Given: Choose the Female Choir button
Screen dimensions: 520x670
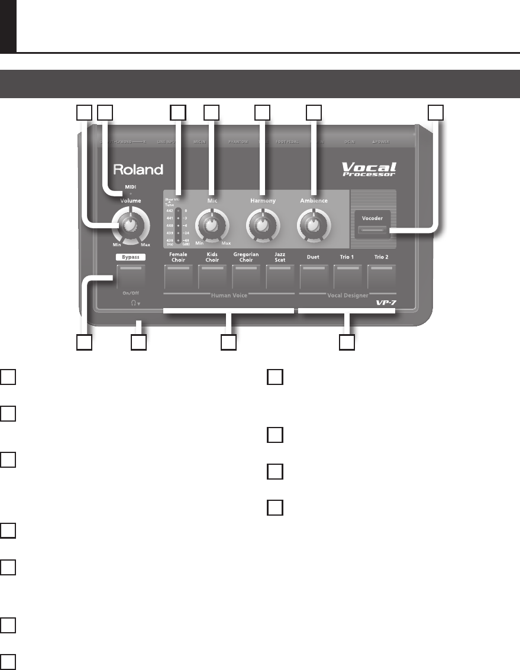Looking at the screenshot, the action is (179, 276).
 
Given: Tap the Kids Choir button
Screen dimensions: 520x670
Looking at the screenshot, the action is (212, 276).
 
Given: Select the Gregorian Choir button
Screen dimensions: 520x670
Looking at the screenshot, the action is (246, 276).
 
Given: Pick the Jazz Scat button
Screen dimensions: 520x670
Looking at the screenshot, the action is (280, 276).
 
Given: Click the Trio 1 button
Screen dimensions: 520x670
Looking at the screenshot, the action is (347, 276).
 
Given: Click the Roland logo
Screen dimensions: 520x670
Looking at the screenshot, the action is (138, 170).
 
